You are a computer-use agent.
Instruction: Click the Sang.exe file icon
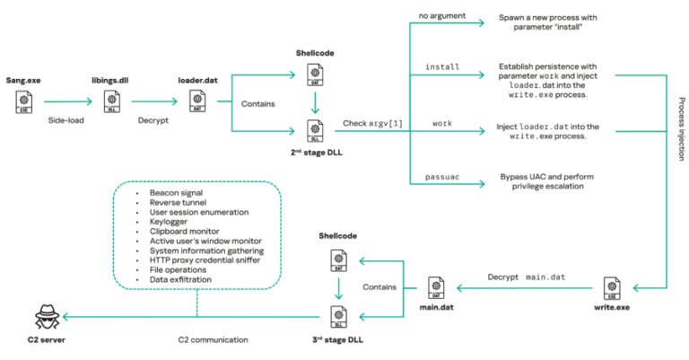tap(22, 106)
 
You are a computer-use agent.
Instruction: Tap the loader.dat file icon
tap(196, 106)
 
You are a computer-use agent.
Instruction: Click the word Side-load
tap(66, 119)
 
